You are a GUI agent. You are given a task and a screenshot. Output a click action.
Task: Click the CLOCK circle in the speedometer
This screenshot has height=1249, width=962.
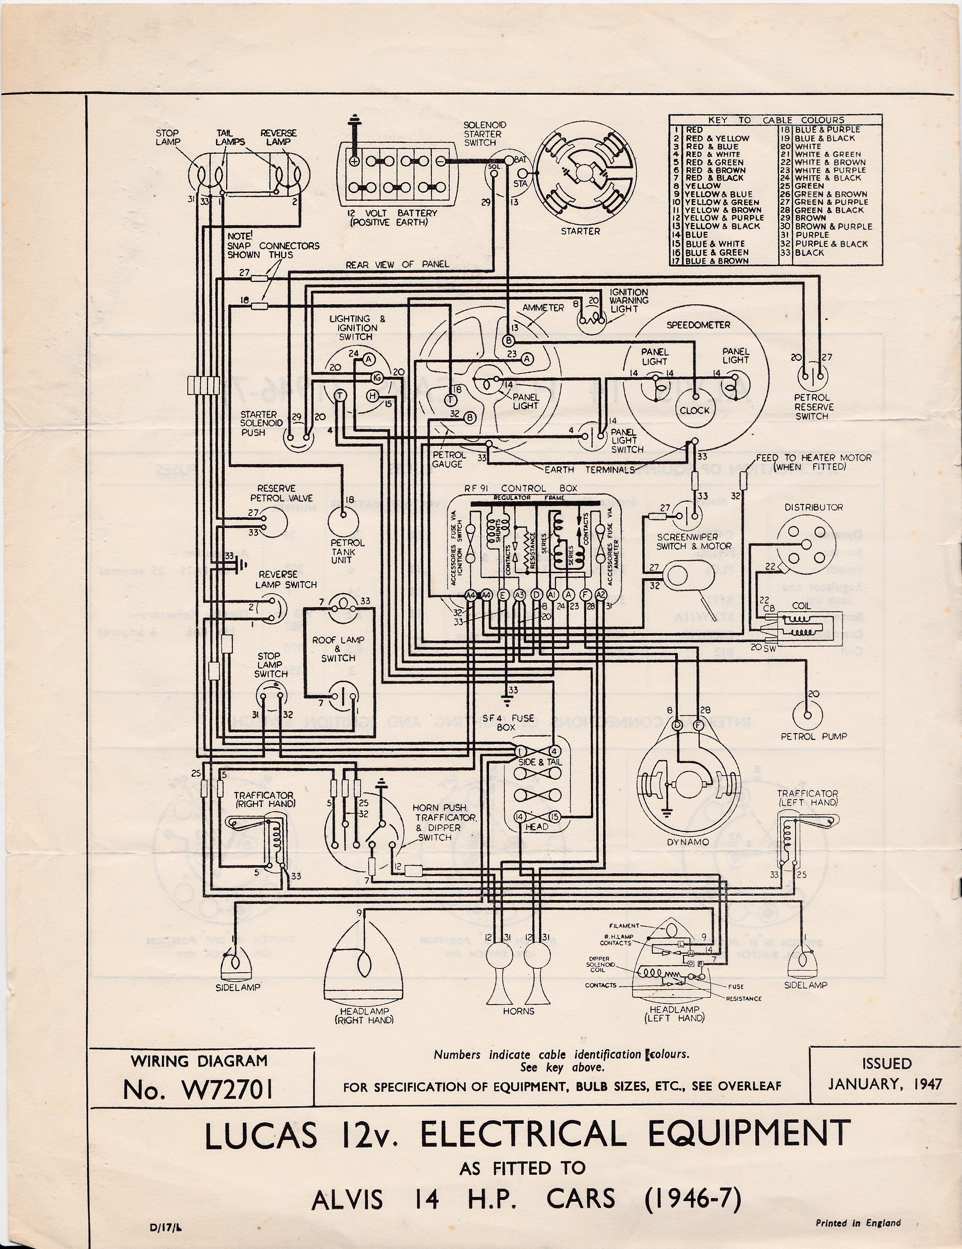[x=694, y=410]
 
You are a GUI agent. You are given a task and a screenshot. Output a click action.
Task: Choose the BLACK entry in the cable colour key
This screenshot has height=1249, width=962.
[x=809, y=252]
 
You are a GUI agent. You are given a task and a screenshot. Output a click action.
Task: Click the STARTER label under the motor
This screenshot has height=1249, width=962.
[x=580, y=231]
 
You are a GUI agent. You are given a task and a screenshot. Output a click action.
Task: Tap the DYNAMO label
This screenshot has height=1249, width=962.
[x=679, y=841]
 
